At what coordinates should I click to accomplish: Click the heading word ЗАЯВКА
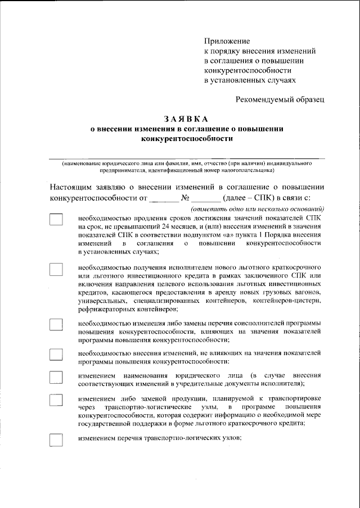click(186, 119)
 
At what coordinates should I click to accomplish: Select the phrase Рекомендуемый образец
click(280, 99)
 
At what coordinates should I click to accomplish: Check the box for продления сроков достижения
click(56, 220)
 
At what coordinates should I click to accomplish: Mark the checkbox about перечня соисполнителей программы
click(56, 325)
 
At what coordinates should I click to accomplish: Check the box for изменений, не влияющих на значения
click(56, 354)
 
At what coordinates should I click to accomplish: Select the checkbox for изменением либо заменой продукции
click(56, 400)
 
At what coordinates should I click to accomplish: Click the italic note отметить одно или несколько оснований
click(257, 208)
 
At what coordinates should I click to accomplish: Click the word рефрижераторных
click(108, 309)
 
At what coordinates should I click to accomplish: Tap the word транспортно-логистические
click(148, 406)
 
